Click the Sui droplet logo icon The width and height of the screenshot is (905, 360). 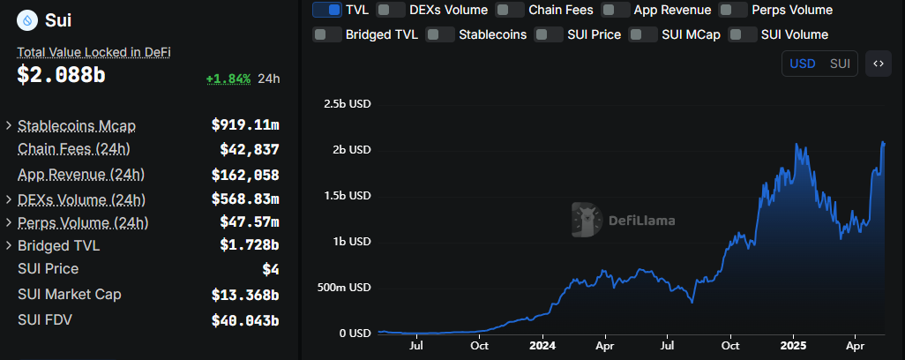tap(27, 19)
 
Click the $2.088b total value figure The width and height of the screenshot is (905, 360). tap(61, 76)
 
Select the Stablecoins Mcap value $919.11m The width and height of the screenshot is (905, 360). tap(244, 125)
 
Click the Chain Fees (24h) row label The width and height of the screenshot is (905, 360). tap(74, 148)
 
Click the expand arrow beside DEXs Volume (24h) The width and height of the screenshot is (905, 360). tap(9, 200)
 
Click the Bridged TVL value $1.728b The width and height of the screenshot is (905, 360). tap(249, 245)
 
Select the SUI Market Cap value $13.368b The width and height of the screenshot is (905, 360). tap(244, 294)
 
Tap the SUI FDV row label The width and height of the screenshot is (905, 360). tap(45, 319)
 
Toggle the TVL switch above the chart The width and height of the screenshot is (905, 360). tap(326, 10)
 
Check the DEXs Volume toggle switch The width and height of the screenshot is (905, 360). tap(391, 10)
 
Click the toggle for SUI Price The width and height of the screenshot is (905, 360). tap(550, 34)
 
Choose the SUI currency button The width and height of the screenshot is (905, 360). tap(840, 64)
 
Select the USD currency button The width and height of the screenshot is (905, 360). tap(802, 64)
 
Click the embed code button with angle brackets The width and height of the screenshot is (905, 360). tap(878, 64)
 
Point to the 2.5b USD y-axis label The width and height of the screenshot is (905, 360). tap(348, 103)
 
